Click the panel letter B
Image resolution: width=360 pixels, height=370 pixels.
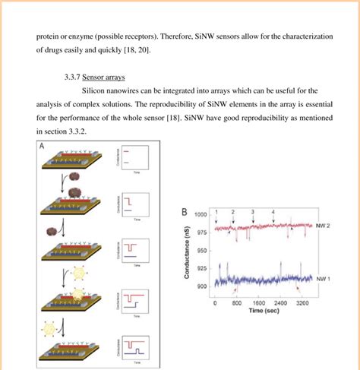(183, 213)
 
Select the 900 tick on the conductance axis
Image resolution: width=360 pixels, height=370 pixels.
(204, 286)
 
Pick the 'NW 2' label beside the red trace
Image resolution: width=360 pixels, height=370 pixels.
(323, 226)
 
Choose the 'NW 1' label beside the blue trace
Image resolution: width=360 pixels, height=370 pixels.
(323, 277)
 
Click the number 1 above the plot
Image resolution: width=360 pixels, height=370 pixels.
(216, 210)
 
